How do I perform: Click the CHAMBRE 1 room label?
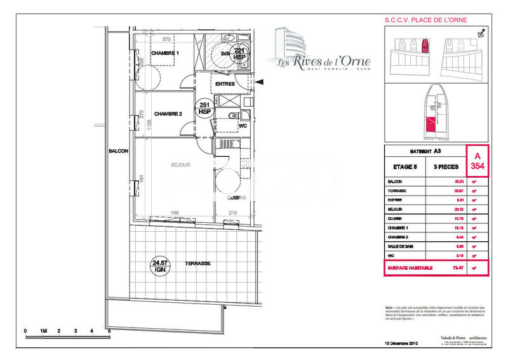pyautogui.click(x=165, y=53)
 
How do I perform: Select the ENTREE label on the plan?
pyautogui.click(x=225, y=84)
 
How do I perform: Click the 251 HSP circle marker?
pyautogui.click(x=204, y=108)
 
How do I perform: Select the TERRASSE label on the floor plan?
pyautogui.click(x=198, y=263)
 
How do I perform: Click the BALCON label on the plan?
pyautogui.click(x=119, y=151)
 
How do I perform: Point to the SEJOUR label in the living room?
pyautogui.click(x=180, y=165)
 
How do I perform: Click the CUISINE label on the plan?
pyautogui.click(x=236, y=197)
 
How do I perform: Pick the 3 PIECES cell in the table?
pyautogui.click(x=447, y=167)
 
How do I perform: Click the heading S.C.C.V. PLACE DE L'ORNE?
pyautogui.click(x=425, y=20)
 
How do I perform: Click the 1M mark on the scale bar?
pyautogui.click(x=44, y=331)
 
